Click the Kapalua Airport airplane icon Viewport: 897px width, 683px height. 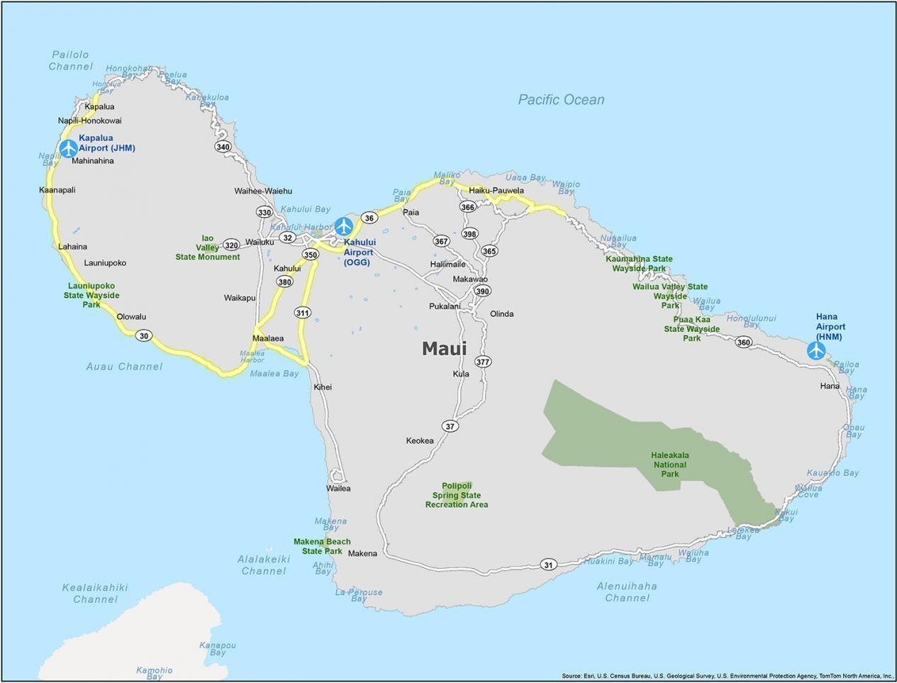pos(68,148)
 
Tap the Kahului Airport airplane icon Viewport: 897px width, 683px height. pos(344,226)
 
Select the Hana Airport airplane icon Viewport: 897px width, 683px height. pos(816,350)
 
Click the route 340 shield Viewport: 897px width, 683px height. pos(223,147)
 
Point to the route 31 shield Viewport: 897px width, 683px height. pos(548,565)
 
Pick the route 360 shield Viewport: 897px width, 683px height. pos(743,342)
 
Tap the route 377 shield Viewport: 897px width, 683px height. pos(483,362)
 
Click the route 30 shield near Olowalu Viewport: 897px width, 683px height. pos(145,335)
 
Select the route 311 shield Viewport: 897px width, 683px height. pos(303,313)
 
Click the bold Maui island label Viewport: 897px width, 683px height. pos(444,348)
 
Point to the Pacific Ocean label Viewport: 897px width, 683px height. pos(561,99)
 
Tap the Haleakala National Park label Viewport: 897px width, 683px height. pos(670,465)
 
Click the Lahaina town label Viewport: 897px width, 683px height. pos(73,247)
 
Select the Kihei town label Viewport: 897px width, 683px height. pos(323,387)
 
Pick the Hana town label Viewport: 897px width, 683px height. pos(830,386)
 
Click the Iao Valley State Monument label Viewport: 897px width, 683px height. pos(208,248)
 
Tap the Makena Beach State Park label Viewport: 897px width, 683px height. pos(322,546)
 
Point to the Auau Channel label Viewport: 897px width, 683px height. pos(124,367)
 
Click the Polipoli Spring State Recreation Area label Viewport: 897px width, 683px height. pos(457,495)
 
